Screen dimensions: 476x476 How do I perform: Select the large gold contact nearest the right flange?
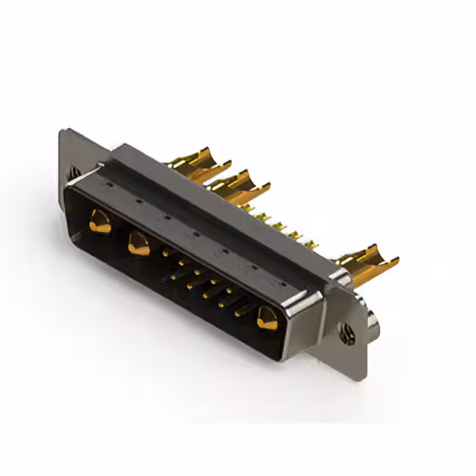click(x=265, y=319)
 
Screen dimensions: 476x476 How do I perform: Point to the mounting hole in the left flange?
click(x=74, y=172)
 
